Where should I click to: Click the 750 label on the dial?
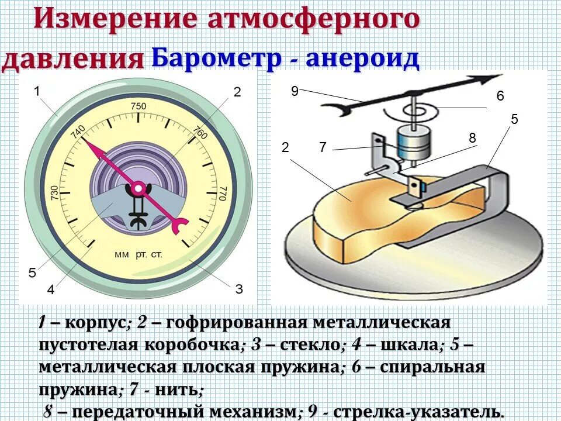(x=138, y=106)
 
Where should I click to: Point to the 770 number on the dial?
(x=222, y=194)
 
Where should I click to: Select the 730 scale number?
(x=54, y=194)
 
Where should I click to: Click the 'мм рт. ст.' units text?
(x=138, y=256)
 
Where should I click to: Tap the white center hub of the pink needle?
(x=138, y=188)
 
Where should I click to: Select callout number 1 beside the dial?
(x=37, y=91)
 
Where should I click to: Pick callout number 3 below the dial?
(x=238, y=288)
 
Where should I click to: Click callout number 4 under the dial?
(x=51, y=289)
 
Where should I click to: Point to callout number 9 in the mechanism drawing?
(x=295, y=91)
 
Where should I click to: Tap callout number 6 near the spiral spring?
(x=500, y=96)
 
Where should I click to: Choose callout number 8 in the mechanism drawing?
(x=472, y=138)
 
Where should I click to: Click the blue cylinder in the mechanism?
(x=413, y=143)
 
